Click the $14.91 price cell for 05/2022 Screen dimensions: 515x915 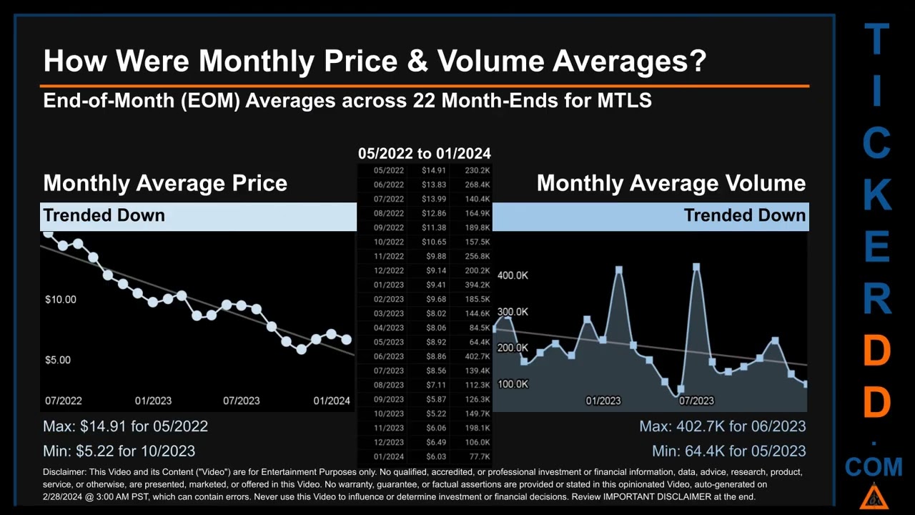click(x=434, y=170)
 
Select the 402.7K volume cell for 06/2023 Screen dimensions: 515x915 click(x=477, y=356)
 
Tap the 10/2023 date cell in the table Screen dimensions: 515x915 click(x=388, y=413)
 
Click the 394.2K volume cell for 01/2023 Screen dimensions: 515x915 click(x=477, y=285)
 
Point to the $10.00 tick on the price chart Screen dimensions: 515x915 click(x=60, y=299)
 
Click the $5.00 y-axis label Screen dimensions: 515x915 click(x=58, y=360)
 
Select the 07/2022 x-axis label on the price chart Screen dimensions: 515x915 click(x=63, y=401)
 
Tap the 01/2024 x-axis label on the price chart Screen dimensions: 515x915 click(x=332, y=401)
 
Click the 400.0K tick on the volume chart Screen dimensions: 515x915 click(x=513, y=275)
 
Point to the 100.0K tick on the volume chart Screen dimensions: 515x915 click(x=513, y=384)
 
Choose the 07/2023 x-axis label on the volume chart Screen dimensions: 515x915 click(x=696, y=401)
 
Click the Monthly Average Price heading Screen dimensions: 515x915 click(x=165, y=183)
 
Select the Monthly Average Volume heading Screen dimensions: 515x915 click(x=671, y=183)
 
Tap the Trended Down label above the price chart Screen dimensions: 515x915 click(x=104, y=215)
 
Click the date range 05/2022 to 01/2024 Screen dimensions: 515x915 click(x=424, y=153)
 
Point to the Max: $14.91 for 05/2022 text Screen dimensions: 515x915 click(x=125, y=426)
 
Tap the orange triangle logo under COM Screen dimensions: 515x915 click(x=874, y=496)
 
